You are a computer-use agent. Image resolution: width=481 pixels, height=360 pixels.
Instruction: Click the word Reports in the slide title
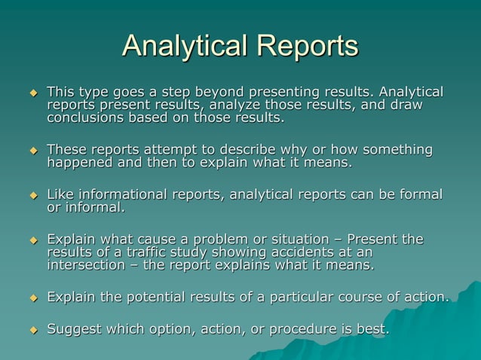click(305, 47)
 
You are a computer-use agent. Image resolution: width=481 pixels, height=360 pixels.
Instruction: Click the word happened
click(80, 163)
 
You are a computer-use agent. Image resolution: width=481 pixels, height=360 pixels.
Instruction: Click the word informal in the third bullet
click(95, 207)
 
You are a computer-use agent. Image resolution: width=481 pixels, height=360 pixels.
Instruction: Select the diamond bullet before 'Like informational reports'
click(32, 196)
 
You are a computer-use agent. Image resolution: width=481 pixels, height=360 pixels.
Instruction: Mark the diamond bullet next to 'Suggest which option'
click(32, 329)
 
